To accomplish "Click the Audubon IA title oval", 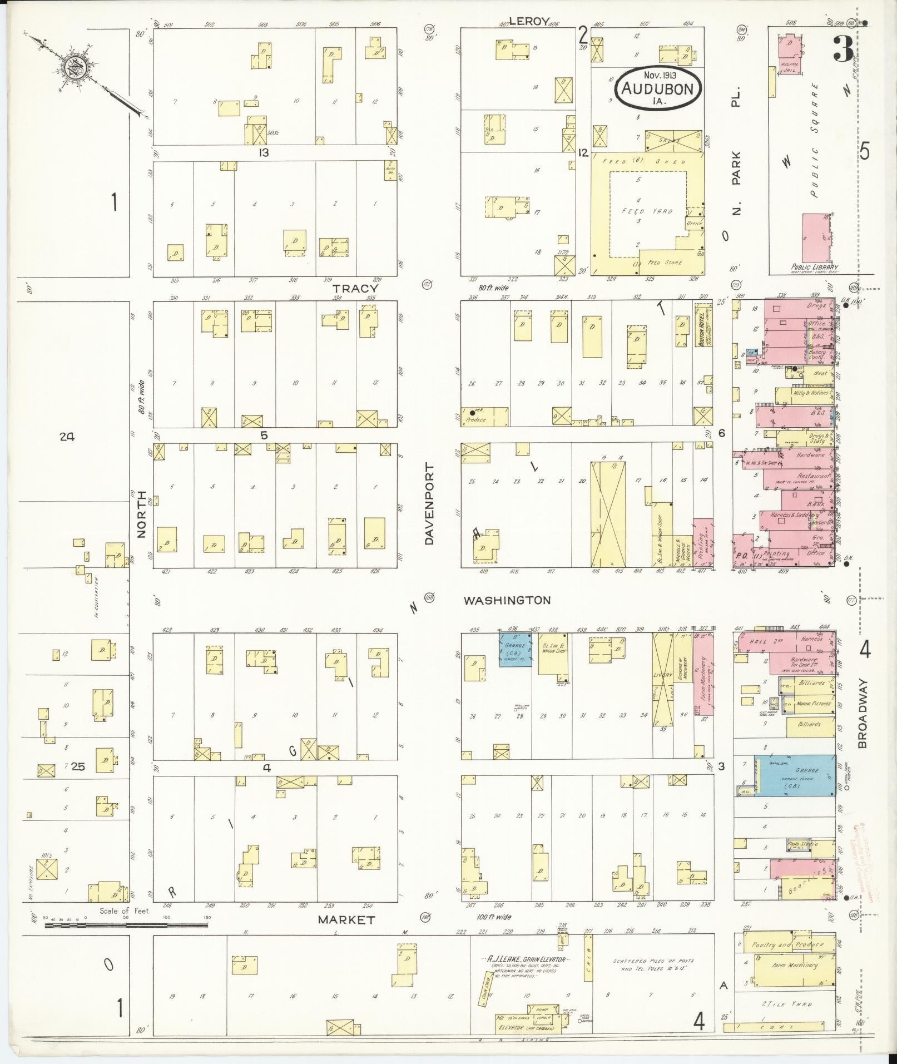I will click(658, 88).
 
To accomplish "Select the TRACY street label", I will click(355, 289).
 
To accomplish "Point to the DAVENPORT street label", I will click(430, 506).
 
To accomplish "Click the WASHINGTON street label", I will click(507, 600).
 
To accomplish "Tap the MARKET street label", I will click(346, 920).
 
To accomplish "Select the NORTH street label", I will click(141, 514).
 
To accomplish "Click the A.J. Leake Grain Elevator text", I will click(526, 960).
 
